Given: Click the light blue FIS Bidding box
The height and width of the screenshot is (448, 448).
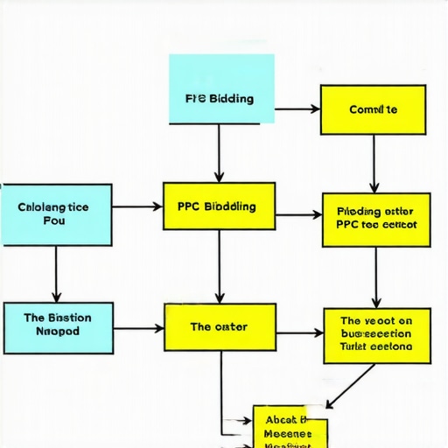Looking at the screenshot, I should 220,88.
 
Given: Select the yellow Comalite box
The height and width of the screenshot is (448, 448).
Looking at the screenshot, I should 373,109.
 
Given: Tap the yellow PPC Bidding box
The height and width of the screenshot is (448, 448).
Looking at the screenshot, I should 219,206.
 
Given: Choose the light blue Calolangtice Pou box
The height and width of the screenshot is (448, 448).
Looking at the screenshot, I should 55,213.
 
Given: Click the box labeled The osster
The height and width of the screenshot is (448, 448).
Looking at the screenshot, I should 220,327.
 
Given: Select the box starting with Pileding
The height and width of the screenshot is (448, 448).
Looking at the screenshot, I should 375,218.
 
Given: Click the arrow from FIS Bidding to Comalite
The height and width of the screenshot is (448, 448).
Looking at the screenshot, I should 297,109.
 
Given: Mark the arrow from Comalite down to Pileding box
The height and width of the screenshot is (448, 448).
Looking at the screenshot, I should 374,164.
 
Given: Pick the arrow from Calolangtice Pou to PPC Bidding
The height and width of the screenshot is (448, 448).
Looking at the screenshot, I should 137,207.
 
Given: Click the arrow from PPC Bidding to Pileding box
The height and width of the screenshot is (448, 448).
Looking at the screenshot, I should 298,214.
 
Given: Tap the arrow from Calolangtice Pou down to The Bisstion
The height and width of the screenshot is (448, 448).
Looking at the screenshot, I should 57,273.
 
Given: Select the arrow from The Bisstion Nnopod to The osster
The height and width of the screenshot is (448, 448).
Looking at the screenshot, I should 138,328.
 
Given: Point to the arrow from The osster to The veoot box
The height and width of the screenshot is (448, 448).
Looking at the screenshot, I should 299,332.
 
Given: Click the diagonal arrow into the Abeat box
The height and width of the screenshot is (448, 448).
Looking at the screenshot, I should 350,386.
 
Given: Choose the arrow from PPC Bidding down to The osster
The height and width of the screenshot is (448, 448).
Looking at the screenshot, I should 219,267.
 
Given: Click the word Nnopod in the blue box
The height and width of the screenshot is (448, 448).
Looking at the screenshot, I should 57,332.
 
